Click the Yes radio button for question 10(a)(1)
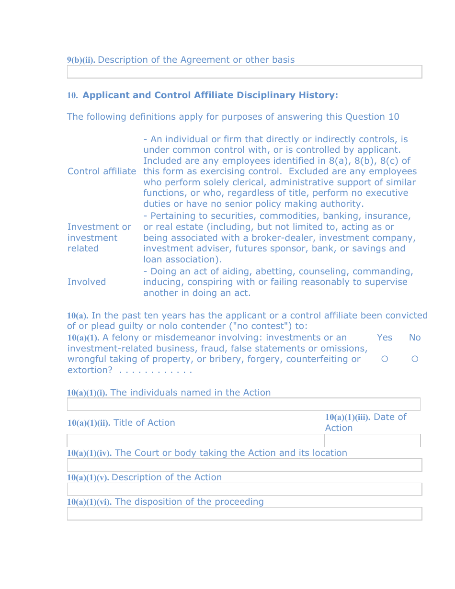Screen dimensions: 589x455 tap(385, 359)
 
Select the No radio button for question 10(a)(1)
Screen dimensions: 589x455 tap(415, 359)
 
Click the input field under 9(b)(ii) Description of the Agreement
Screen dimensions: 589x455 tap(244, 72)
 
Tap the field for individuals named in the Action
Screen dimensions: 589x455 tap(243, 405)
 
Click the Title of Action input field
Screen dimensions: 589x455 tap(195, 441)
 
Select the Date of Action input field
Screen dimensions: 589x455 tap(372, 441)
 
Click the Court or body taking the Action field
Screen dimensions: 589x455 tap(244, 465)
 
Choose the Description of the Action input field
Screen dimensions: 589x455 tap(244, 489)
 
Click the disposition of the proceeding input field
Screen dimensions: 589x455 tap(244, 514)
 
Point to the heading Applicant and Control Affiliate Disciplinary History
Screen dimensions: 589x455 tap(210, 95)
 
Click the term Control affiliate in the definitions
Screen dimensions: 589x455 tap(102, 171)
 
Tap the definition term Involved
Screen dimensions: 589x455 tap(87, 282)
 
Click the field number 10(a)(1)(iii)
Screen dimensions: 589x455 tap(347, 417)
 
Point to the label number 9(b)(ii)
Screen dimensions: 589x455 tap(81, 60)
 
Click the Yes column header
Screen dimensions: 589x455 tap(385, 338)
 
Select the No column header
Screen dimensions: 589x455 tap(415, 338)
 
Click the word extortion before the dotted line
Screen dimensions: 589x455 tap(90, 370)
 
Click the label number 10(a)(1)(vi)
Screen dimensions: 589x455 tap(89, 502)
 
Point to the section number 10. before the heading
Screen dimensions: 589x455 tap(72, 96)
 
